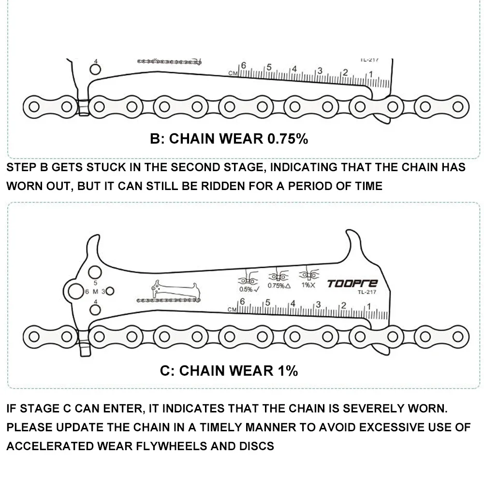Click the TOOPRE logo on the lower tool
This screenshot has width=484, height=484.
pos(352,284)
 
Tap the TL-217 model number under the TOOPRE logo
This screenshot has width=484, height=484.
pos(367,292)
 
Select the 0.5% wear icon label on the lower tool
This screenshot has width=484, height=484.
pos(247,289)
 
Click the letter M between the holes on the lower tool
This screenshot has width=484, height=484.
pos(96,291)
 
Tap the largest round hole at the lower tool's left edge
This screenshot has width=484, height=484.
pos(75,292)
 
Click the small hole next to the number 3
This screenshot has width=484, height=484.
pos(110,291)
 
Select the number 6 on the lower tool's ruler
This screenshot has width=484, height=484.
pos(243,301)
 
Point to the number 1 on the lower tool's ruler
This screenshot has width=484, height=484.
pos(370,306)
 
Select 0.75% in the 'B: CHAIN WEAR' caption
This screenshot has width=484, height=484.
pos(287,139)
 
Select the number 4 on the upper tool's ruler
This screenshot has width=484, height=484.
pos(293,69)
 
